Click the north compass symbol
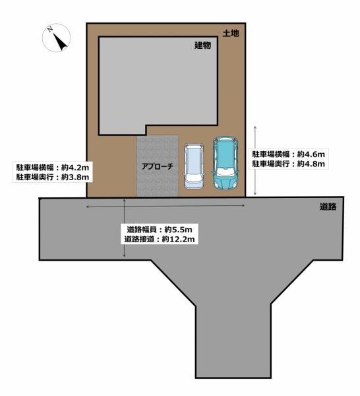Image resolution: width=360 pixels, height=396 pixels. point(56,38)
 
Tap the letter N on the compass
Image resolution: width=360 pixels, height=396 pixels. point(50,30)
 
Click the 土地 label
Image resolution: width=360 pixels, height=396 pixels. point(231,33)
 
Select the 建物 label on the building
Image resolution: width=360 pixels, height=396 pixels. point(203,46)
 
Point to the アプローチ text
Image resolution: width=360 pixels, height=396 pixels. point(158,166)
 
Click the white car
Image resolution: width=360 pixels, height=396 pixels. point(194,166)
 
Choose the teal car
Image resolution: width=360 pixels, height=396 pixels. point(225,163)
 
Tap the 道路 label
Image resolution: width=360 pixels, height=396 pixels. point(328,207)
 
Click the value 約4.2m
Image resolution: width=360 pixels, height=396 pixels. point(75,168)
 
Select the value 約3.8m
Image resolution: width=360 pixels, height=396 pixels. point(75,177)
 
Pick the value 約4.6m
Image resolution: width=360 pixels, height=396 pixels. point(311,154)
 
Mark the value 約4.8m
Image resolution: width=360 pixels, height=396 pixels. point(311,164)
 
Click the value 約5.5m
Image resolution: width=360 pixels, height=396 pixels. point(179,230)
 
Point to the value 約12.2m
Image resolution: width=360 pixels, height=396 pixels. point(179,239)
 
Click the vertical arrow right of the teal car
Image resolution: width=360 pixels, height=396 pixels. point(255,160)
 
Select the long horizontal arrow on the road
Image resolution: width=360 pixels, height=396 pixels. point(165,206)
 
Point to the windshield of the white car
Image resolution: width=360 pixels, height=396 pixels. point(194,176)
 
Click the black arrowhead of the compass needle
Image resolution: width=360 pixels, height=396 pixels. point(61,42)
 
